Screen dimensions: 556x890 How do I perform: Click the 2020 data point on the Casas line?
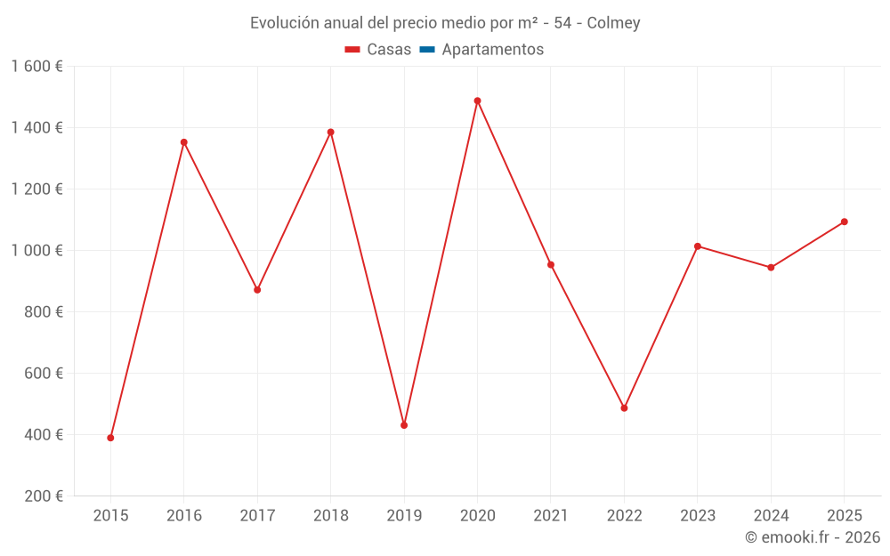point(477,101)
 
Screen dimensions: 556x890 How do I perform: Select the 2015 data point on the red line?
point(110,438)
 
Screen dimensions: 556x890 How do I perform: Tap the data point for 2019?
point(404,425)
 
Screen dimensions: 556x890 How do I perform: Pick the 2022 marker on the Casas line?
point(624,408)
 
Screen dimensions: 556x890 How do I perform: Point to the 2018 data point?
point(330,133)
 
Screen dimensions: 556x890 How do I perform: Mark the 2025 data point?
point(844,222)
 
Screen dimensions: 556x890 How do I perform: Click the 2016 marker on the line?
point(184,142)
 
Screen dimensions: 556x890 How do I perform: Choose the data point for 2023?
point(698,246)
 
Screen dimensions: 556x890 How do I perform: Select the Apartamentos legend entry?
point(492,50)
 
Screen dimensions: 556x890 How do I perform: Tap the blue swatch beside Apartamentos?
point(426,50)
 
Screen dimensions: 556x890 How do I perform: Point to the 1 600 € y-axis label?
point(36,66)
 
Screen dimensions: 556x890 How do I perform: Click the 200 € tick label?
point(44,496)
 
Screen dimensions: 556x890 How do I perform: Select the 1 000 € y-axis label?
point(36,250)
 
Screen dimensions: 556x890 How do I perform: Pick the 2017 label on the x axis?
point(257,516)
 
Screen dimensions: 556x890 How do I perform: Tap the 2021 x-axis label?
point(551,516)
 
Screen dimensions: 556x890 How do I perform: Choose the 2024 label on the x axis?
point(771,516)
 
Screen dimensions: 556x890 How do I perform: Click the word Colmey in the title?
point(613,23)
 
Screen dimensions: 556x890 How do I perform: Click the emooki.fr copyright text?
point(813,537)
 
